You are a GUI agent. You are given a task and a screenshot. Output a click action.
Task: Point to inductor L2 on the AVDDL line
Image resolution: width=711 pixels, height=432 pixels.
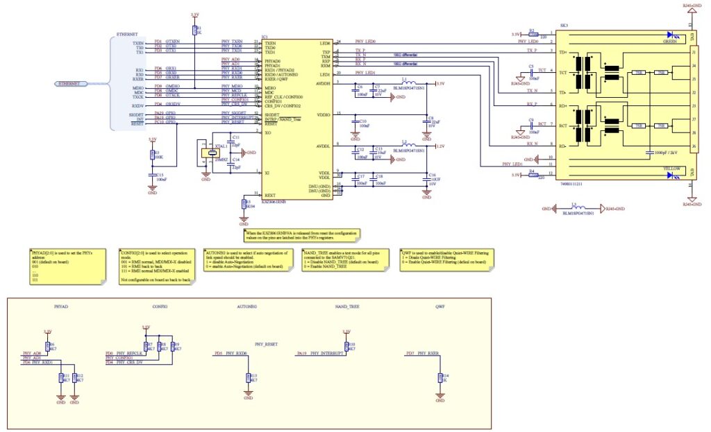[x=408, y=146]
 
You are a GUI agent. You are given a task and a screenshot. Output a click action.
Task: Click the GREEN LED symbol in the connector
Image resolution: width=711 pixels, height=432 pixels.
[x=672, y=34]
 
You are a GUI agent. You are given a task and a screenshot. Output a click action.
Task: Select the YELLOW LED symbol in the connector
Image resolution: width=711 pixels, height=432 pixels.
[x=672, y=175]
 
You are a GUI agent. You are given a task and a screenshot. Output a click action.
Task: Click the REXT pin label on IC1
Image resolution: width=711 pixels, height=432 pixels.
[x=270, y=196]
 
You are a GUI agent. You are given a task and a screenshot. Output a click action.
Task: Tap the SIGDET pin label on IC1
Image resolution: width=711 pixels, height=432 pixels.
[x=272, y=113]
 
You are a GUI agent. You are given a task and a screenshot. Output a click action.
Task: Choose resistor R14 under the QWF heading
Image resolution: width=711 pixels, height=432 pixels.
[x=439, y=377]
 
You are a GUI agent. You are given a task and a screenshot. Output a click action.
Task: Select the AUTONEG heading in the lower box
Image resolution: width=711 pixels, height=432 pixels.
[x=246, y=306]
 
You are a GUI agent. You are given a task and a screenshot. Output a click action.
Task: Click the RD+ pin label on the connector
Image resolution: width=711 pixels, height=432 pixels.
[x=562, y=105]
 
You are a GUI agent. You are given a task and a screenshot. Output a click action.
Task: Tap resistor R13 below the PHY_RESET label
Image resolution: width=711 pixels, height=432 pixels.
[x=249, y=377]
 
